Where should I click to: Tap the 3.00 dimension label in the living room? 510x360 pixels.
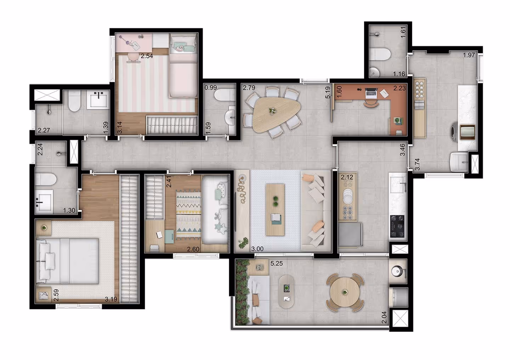click(257, 249)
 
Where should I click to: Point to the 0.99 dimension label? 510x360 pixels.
click(211, 87)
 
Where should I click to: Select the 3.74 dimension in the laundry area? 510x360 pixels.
click(418, 164)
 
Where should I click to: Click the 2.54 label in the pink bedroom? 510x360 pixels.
click(147, 56)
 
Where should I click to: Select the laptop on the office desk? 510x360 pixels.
click(371, 92)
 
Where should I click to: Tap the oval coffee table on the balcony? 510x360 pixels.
click(287, 291)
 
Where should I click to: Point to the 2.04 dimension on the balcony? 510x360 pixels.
click(385, 317)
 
